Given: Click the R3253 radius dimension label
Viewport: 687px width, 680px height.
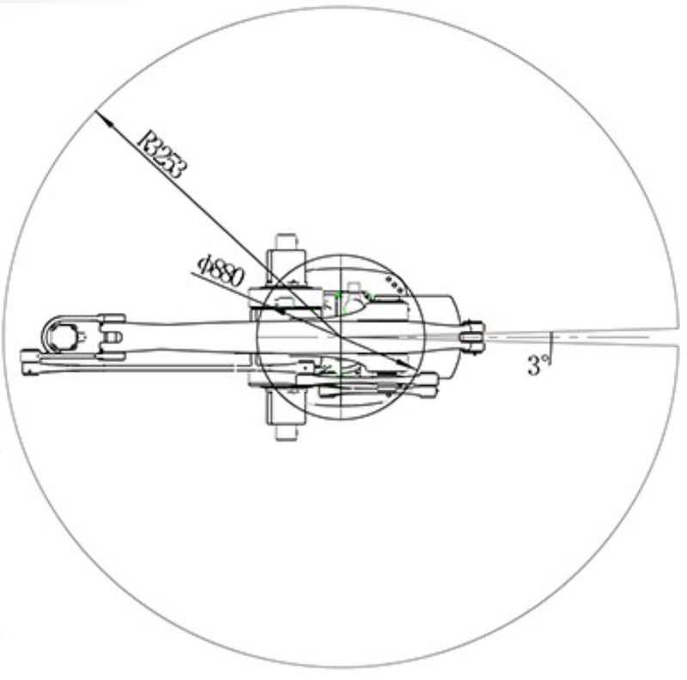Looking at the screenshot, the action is pyautogui.click(x=162, y=155).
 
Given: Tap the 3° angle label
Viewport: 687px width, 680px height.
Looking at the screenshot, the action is pyautogui.click(x=538, y=365).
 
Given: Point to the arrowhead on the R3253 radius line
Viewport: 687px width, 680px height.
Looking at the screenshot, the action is pyautogui.click(x=103, y=118).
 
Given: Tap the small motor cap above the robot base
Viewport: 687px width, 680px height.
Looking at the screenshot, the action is pyautogui.click(x=286, y=242).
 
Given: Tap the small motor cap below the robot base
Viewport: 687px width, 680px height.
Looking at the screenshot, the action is pyautogui.click(x=286, y=432).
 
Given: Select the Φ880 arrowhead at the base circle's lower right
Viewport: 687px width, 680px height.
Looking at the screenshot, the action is pyautogui.click(x=407, y=365).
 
